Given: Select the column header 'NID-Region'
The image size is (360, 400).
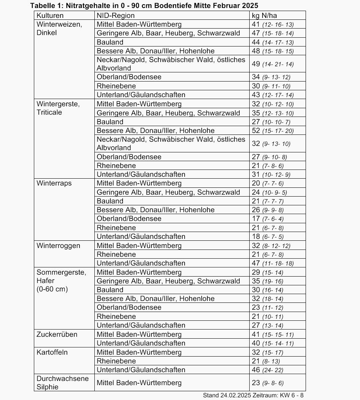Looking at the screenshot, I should click(x=116, y=16).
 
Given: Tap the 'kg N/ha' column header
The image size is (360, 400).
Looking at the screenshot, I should click(x=264, y=16).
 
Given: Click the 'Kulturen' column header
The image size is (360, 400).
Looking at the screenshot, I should click(x=50, y=16).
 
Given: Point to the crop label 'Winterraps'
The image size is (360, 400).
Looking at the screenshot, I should click(x=54, y=183).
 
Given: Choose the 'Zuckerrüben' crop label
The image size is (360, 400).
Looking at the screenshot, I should click(x=57, y=334).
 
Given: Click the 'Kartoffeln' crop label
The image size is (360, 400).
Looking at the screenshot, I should click(x=52, y=352).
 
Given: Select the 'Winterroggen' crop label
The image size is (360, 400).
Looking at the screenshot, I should click(x=58, y=246).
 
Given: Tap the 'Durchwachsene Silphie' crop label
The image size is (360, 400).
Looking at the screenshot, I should click(x=62, y=382).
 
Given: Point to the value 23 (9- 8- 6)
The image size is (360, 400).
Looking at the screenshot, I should click(x=268, y=383).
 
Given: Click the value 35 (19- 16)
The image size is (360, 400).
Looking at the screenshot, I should click(x=268, y=281).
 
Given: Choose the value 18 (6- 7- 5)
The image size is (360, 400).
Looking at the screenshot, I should click(x=268, y=237).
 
